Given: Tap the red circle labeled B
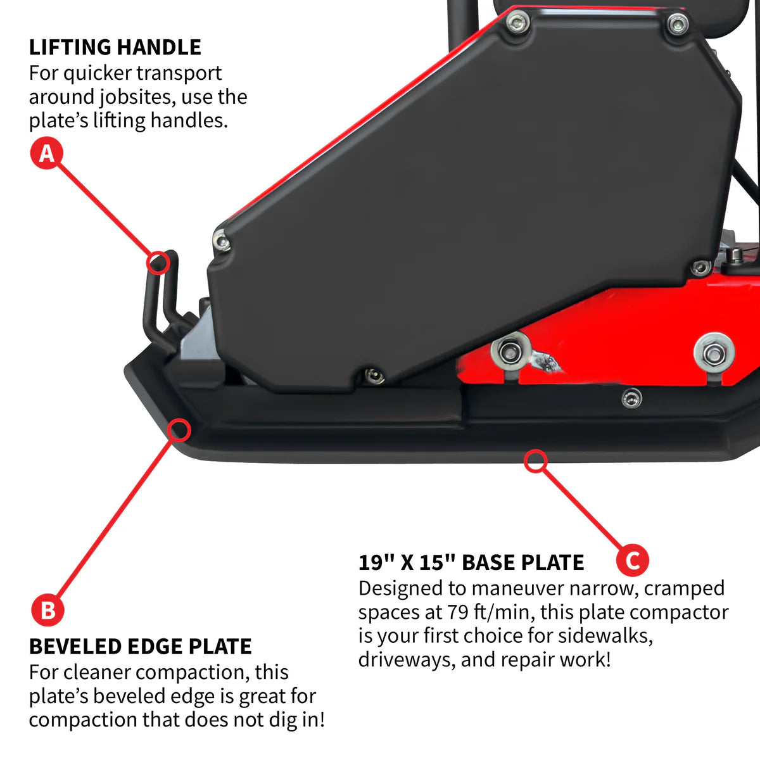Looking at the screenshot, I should click(47, 610).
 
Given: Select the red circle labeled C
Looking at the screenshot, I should click(632, 560).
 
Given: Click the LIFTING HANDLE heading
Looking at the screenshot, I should click(115, 47).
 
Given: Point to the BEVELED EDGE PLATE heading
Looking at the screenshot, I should click(140, 646).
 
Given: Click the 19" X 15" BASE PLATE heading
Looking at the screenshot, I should click(471, 562).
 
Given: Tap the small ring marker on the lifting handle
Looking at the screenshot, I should click(158, 262).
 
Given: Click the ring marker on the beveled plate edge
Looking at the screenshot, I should click(179, 431).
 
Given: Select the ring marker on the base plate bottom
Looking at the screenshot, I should click(536, 460).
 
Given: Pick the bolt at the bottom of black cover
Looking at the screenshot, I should click(373, 376).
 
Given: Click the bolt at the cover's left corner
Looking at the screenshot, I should click(221, 239).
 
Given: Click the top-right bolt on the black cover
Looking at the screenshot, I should click(678, 25).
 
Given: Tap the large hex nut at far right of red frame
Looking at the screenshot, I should click(714, 353).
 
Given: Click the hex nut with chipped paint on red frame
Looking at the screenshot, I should click(509, 351).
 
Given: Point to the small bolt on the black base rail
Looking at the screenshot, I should click(631, 398).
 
